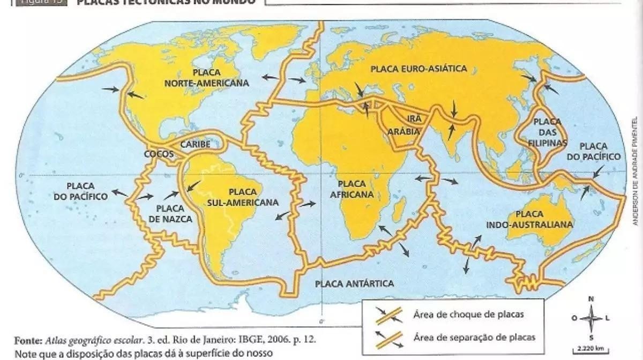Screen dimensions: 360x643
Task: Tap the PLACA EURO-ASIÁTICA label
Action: (x=418, y=69)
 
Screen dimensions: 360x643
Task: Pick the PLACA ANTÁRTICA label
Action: (x=354, y=283)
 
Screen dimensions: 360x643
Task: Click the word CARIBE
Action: (x=195, y=144)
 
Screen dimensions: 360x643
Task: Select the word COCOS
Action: (x=159, y=154)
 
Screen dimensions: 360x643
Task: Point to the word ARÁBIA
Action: (x=404, y=130)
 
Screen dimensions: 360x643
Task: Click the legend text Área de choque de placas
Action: (x=460, y=314)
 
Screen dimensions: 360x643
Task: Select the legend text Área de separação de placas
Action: (x=474, y=337)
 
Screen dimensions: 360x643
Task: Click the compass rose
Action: (x=591, y=318)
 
